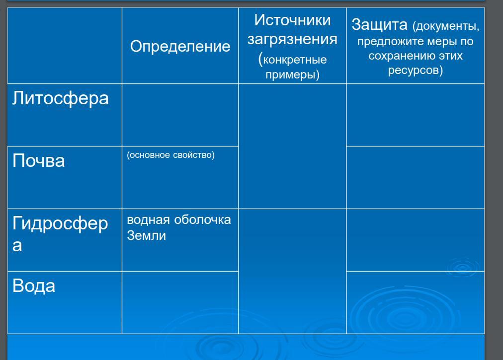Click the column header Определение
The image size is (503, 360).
[x=180, y=47]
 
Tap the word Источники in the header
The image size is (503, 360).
[x=292, y=20]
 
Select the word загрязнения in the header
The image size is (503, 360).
[x=292, y=40]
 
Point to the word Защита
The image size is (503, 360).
[x=380, y=25]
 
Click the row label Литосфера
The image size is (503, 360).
[x=61, y=98]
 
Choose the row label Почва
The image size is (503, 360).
[x=38, y=160]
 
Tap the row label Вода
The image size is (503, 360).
[x=34, y=286]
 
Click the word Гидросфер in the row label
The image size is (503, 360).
[x=60, y=224]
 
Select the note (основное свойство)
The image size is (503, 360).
[x=170, y=155]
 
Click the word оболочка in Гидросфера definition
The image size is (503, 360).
[x=202, y=220]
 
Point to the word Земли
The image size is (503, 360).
[x=146, y=235]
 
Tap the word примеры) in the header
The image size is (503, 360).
[x=292, y=74]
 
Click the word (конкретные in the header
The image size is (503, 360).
[x=292, y=59]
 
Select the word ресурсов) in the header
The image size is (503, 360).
[x=416, y=70]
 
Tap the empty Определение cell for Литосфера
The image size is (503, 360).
[x=180, y=115]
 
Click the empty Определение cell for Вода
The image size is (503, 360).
[x=180, y=302]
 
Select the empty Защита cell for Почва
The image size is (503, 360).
[x=416, y=178]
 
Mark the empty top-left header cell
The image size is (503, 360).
[x=65, y=46]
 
